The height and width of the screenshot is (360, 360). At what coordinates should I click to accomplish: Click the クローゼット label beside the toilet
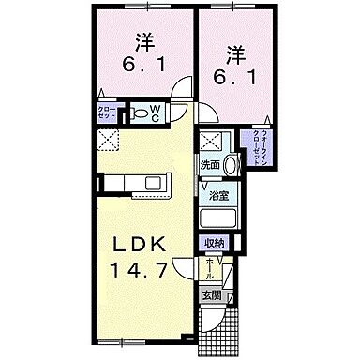[107, 114]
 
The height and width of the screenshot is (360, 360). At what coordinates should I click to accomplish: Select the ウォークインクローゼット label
[258, 144]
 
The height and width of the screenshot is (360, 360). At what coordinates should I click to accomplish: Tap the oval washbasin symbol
[231, 159]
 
